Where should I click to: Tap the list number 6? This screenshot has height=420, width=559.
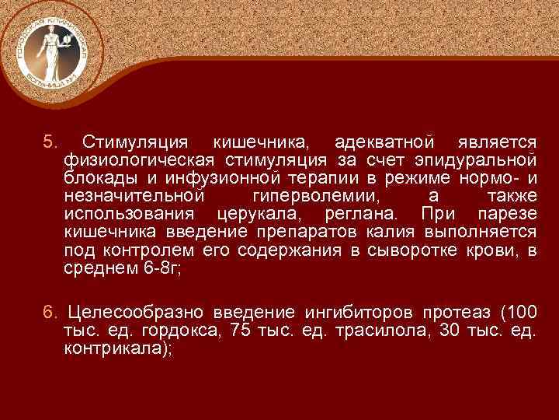point(49,313)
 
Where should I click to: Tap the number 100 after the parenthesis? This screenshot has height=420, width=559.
point(519,313)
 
